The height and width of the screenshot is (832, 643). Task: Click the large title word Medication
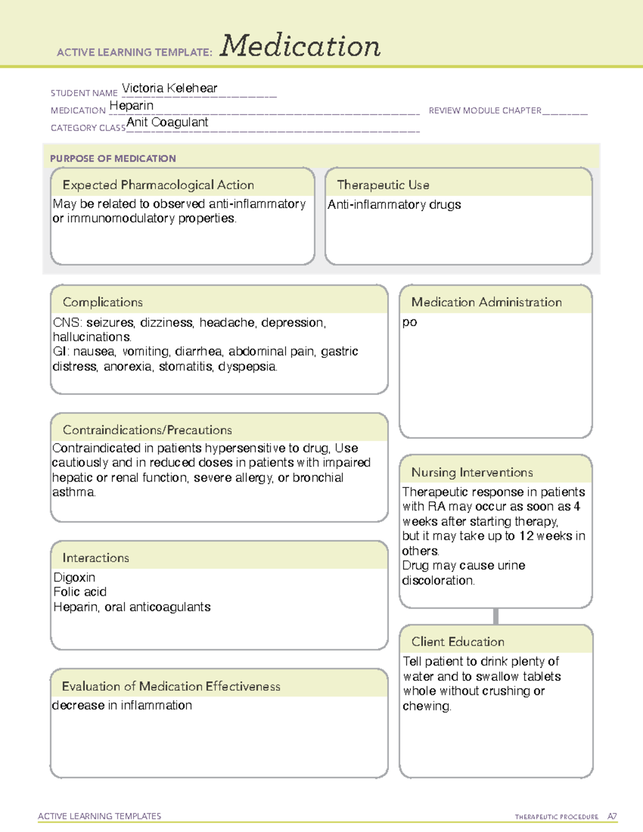tap(300, 46)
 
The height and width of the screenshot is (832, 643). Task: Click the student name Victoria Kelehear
tap(169, 88)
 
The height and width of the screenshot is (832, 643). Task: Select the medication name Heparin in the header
tap(131, 106)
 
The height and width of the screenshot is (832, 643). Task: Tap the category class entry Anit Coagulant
tap(167, 123)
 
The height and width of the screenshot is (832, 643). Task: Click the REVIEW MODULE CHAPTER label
tap(485, 110)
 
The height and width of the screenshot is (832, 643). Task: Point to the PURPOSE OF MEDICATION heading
tap(113, 159)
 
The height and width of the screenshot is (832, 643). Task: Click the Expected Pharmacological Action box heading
tap(158, 185)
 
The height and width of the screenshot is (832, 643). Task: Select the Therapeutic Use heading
tap(383, 185)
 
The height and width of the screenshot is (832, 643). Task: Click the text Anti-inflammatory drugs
tap(394, 205)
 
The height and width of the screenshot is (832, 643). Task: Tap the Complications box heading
tap(103, 302)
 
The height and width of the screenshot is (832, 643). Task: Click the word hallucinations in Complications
tap(92, 337)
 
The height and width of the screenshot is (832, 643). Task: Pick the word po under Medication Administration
tap(410, 322)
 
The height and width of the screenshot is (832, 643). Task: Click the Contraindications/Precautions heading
tap(147, 430)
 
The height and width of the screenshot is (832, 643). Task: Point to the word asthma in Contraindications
tap(73, 492)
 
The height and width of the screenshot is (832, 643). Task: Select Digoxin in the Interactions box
tap(74, 578)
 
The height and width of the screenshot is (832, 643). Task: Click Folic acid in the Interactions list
tap(80, 592)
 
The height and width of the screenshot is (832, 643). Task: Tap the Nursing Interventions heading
tap(472, 473)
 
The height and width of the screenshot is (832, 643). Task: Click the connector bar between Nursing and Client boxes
tap(496, 616)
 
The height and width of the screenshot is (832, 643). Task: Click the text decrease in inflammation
tap(122, 706)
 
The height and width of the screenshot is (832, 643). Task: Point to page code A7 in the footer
tap(612, 816)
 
